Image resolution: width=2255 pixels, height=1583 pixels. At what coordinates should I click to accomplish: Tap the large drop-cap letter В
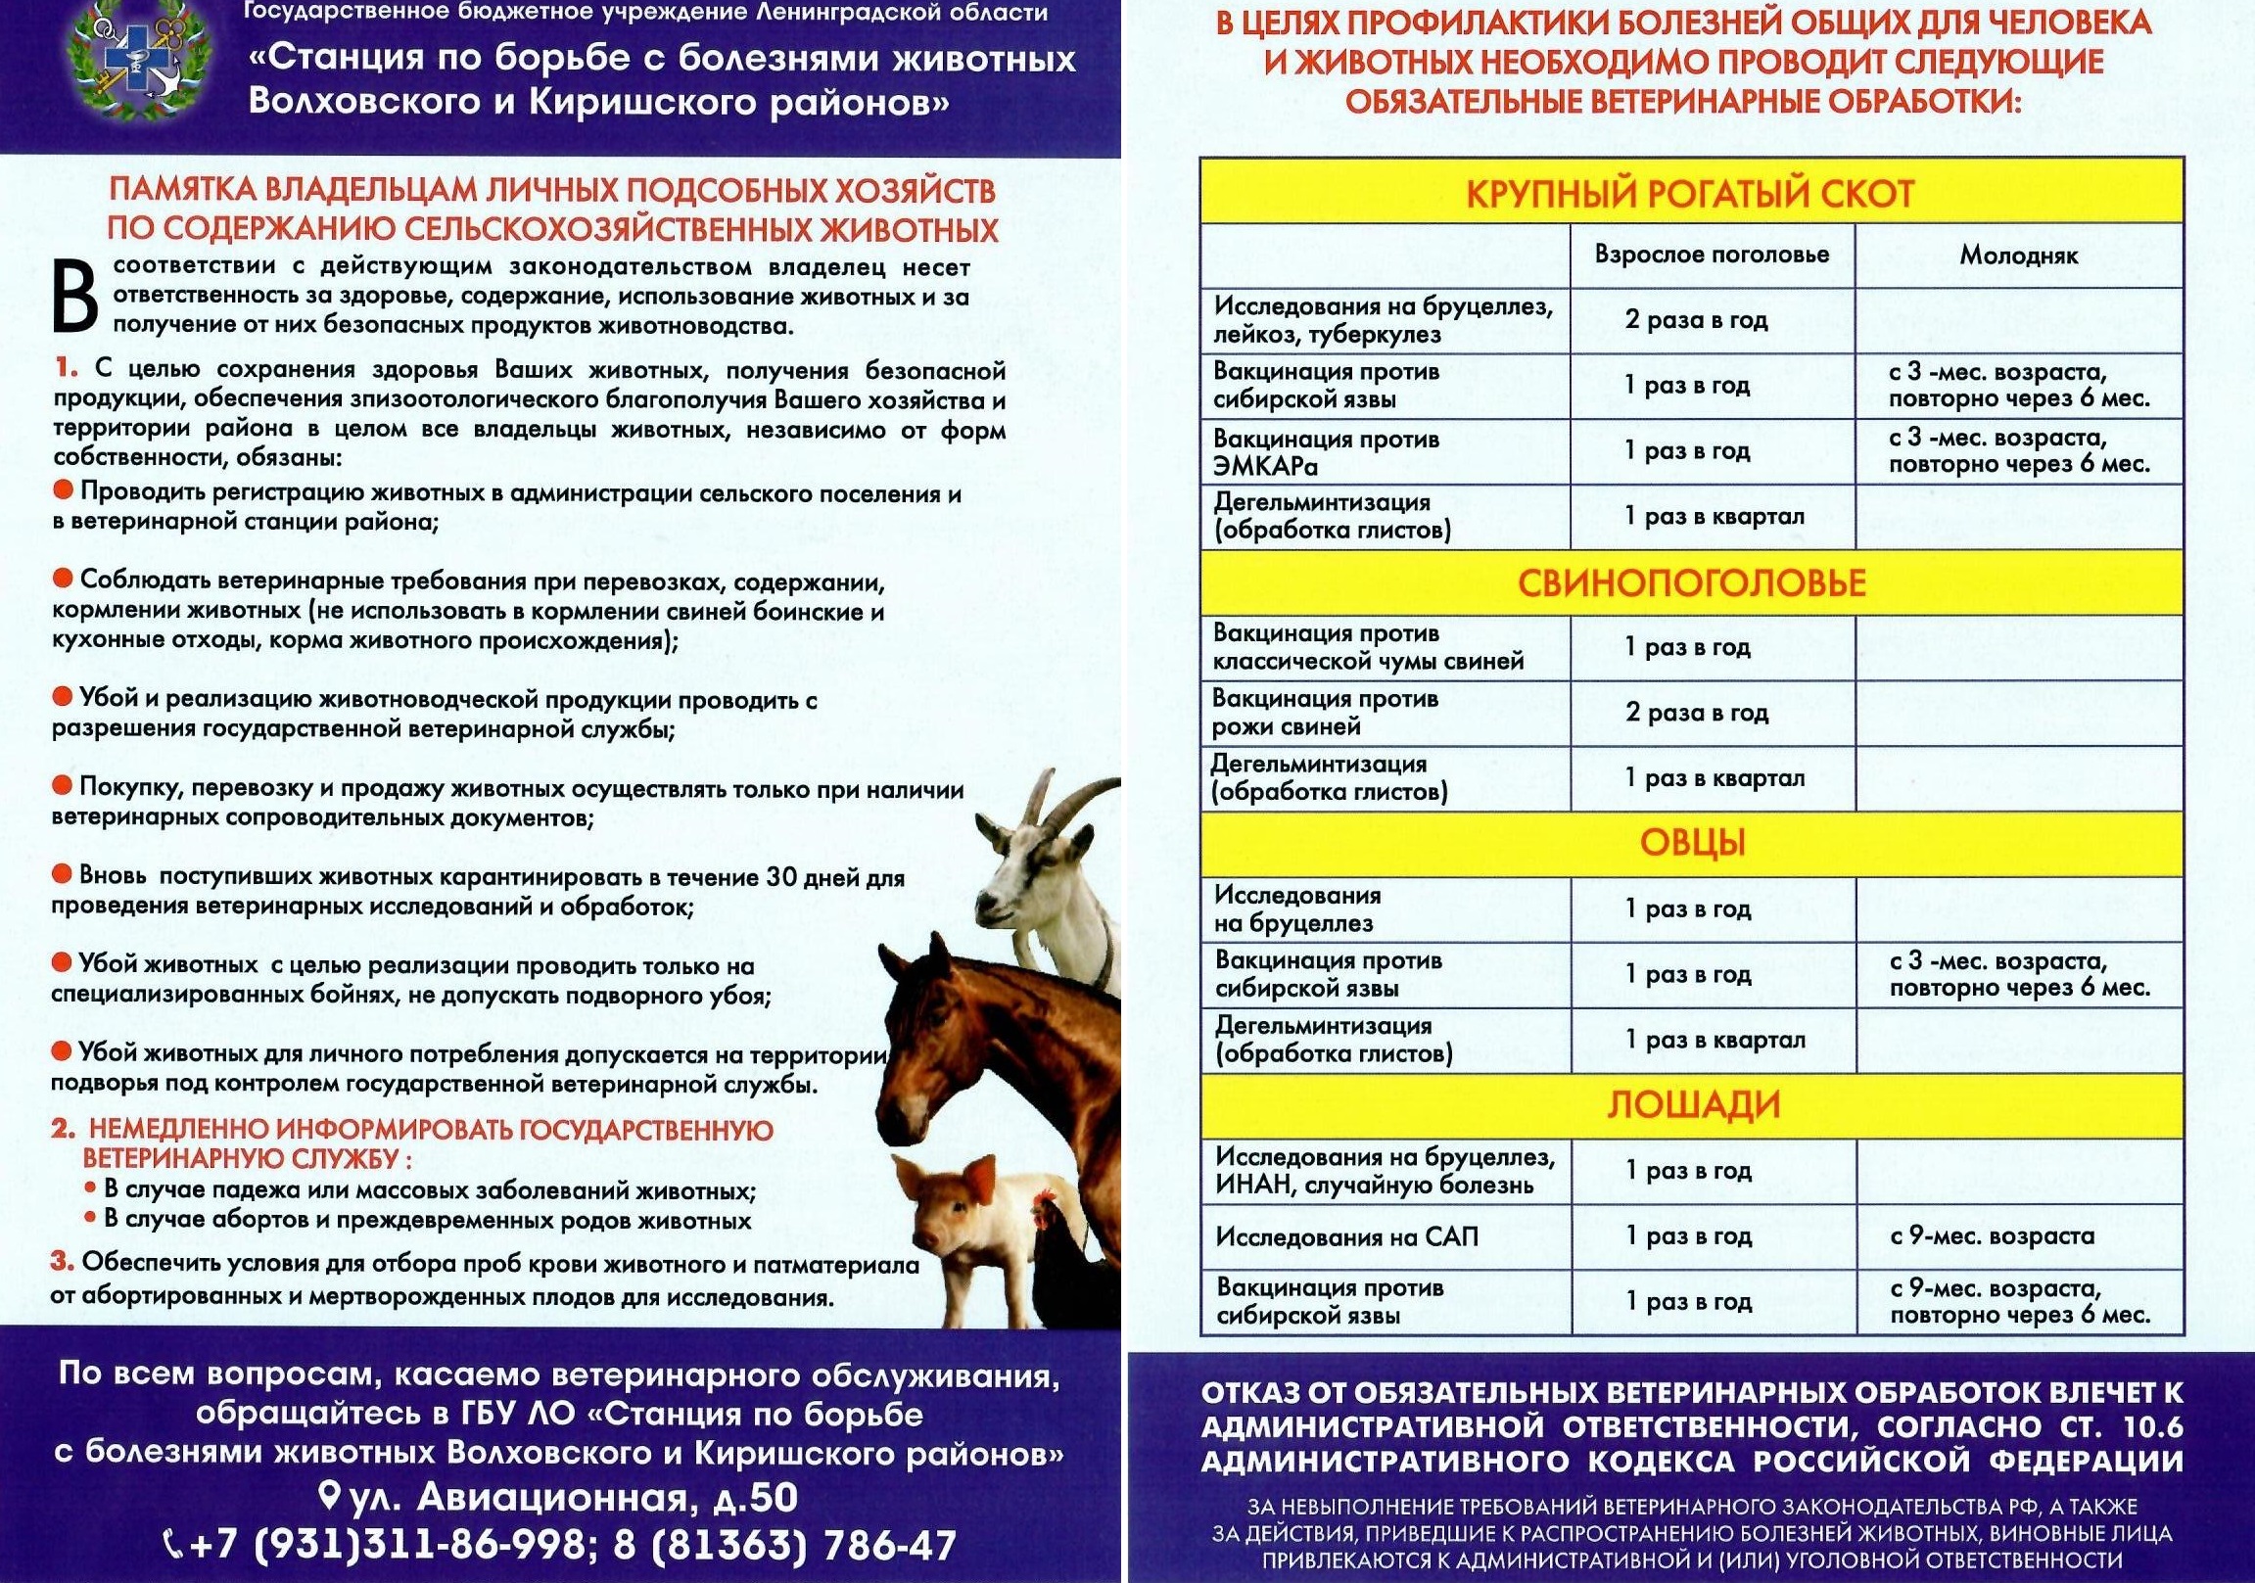pyautogui.click(x=74, y=296)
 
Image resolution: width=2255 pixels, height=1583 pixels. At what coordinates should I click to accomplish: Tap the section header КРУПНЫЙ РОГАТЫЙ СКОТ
pyautogui.click(x=1690, y=194)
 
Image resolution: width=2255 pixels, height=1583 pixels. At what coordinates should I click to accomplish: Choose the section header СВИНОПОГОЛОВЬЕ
pyautogui.click(x=1690, y=583)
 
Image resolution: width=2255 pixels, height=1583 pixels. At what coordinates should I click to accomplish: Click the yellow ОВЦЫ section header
pyautogui.click(x=1691, y=843)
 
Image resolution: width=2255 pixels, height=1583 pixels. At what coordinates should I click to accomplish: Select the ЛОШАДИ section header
pyautogui.click(x=1692, y=1104)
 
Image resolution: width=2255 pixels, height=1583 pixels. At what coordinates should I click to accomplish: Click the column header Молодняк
pyautogui.click(x=2018, y=256)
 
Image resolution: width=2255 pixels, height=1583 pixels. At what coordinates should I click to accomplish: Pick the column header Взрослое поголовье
pyautogui.click(x=1712, y=255)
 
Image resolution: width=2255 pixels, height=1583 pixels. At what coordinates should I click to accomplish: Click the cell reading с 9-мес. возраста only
pyautogui.click(x=1992, y=1235)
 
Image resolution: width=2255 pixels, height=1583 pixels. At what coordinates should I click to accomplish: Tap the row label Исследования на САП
pyautogui.click(x=1345, y=1236)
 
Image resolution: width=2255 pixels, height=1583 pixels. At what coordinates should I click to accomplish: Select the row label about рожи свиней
pyautogui.click(x=1325, y=713)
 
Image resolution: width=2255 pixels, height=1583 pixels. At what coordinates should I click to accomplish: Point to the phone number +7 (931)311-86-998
pyautogui.click(x=388, y=1545)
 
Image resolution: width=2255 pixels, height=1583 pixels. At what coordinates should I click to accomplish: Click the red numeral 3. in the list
pyautogui.click(x=62, y=1262)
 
